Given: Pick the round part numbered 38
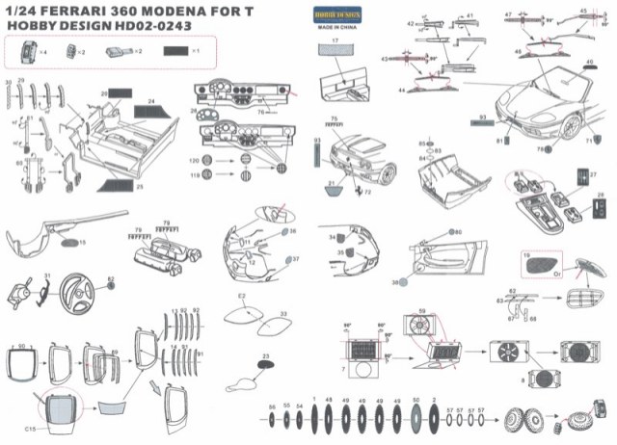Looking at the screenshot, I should pos(407,282).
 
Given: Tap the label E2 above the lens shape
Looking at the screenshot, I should pos(242,296).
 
